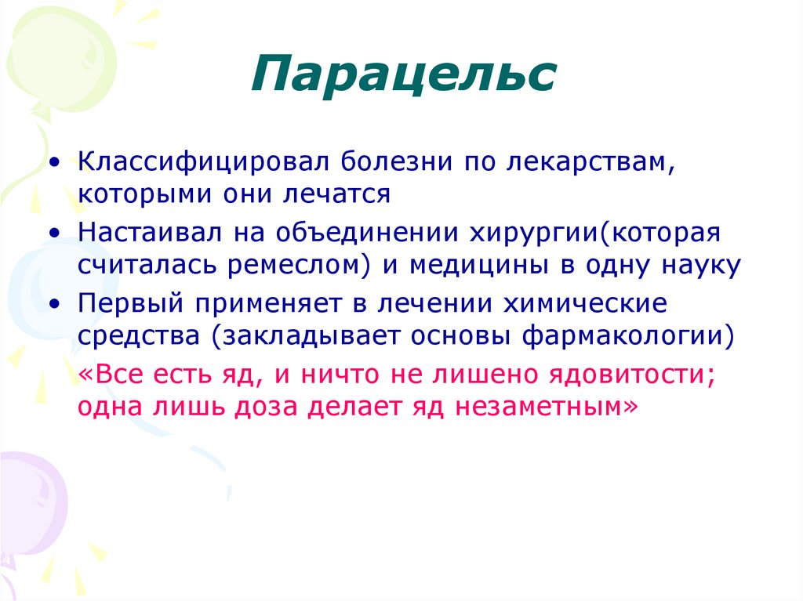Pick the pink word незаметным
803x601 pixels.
548,407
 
